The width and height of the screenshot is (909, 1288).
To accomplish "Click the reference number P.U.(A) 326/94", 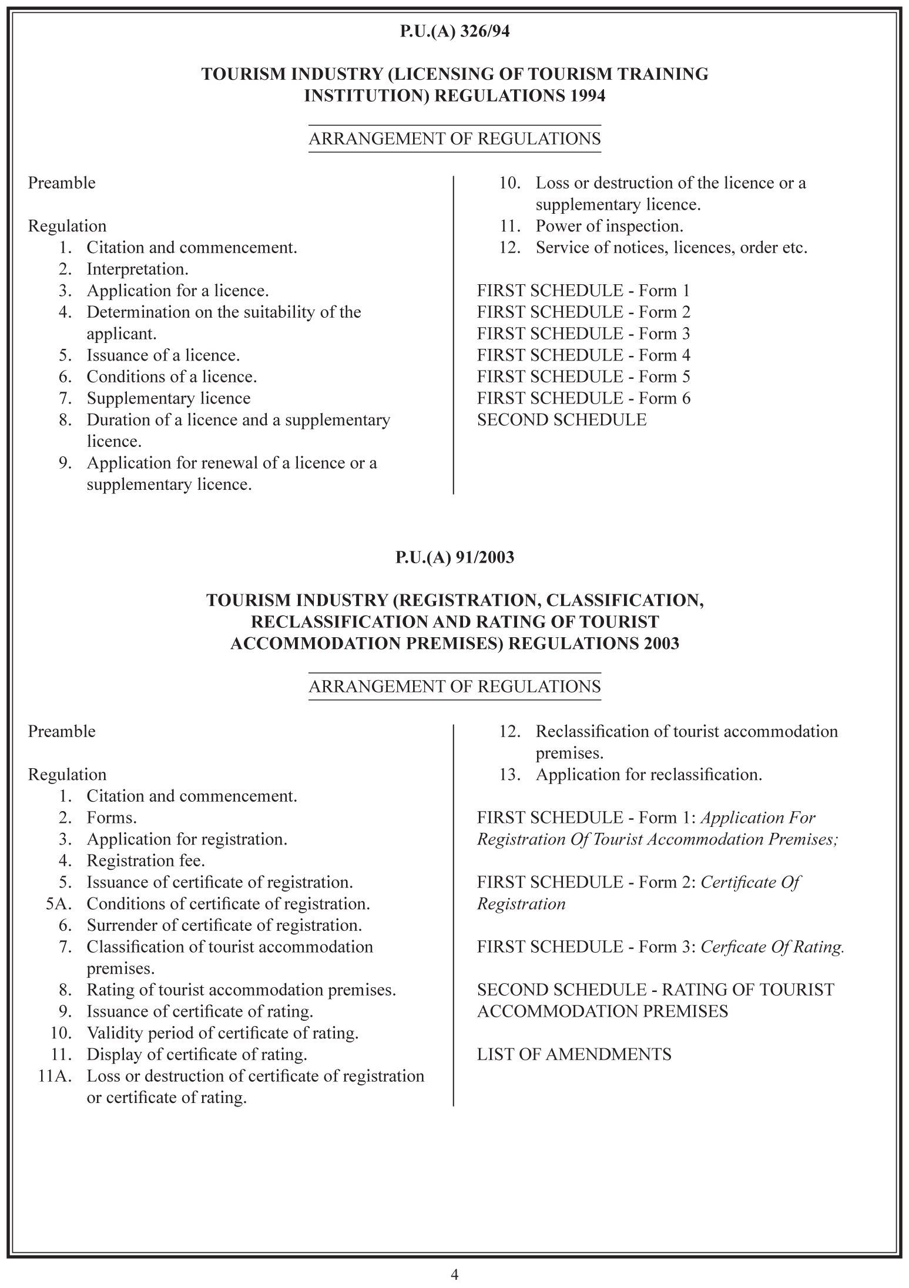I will pos(454,32).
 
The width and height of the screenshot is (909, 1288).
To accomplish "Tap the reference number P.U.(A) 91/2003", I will pos(454,557).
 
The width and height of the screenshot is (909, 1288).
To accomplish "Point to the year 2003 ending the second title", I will pos(661,644).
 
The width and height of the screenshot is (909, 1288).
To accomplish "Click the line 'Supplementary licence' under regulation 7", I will pos(169,398).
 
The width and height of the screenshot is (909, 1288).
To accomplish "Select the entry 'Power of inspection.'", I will pos(609,226).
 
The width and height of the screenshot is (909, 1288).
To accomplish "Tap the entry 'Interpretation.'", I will pos(137,270).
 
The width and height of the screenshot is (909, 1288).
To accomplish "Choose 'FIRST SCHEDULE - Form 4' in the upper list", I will pos(583,355).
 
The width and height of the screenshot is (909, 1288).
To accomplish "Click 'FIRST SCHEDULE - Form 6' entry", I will pos(583,398).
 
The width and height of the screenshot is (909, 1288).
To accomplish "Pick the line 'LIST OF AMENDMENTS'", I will pos(574,1054).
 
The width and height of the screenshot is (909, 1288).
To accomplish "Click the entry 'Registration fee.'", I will pos(146,861).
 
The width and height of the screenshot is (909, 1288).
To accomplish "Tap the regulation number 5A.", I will pos(58,904).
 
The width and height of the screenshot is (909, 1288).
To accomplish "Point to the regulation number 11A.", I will pos(55,1076).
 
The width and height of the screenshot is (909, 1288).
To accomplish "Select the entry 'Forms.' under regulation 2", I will pos(112,818).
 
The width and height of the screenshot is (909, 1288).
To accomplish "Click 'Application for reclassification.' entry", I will pos(649,775).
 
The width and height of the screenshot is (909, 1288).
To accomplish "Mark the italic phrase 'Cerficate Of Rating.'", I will pos(773,947).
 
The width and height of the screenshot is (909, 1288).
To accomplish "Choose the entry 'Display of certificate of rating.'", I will pos(197,1054).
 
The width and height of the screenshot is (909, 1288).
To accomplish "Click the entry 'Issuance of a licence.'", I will pos(163,355).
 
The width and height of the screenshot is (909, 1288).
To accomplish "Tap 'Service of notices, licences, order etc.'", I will pos(672,248).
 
